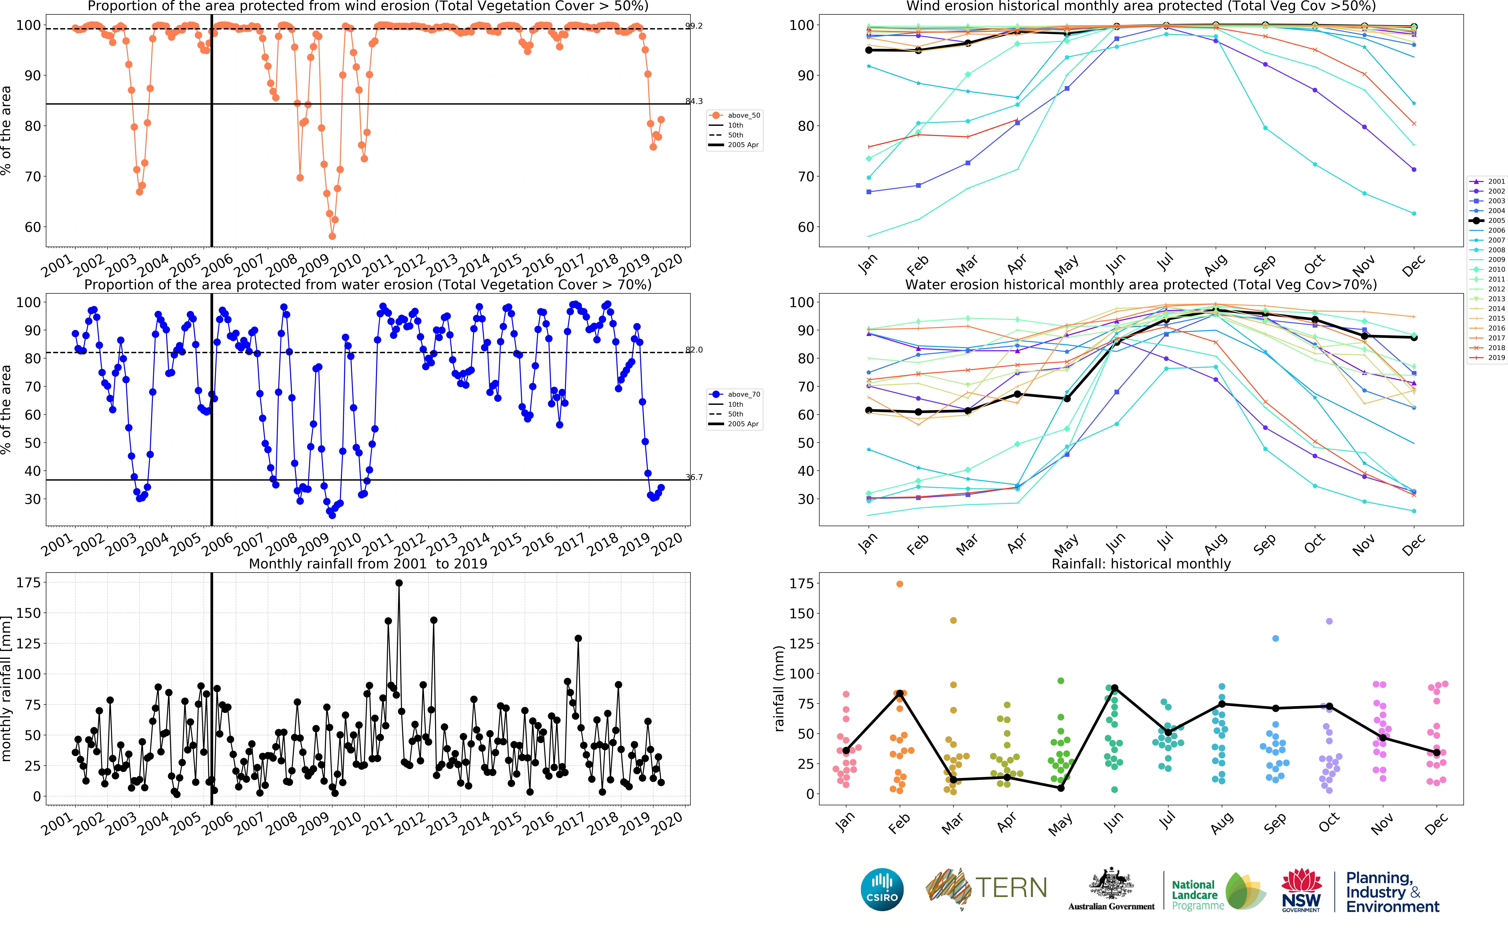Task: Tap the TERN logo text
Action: click(x=1011, y=888)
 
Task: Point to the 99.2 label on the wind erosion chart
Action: click(x=694, y=26)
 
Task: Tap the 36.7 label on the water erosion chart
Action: click(x=694, y=477)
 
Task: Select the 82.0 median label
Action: click(x=694, y=350)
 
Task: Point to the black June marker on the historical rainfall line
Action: click(x=1114, y=688)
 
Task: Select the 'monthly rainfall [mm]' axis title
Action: click(x=6, y=688)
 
